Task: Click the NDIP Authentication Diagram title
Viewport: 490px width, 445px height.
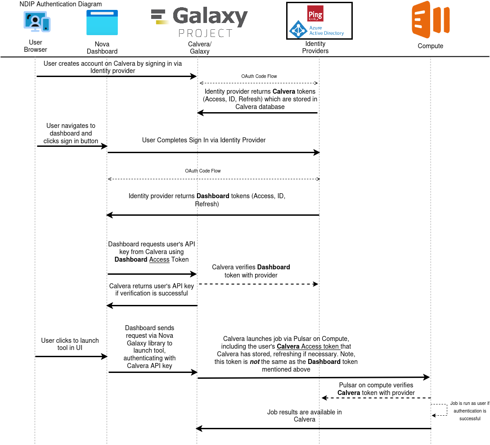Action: point(61,4)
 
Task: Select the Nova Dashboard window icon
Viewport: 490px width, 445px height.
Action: point(102,23)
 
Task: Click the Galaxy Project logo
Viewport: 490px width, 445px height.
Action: point(199,22)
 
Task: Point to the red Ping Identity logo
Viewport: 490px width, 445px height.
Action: point(315,14)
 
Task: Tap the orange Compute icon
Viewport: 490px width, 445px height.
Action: point(430,20)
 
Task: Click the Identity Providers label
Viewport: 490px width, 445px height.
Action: point(315,47)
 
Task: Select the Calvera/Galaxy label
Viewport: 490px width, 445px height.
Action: point(200,48)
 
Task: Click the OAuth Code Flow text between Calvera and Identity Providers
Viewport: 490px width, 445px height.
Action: point(259,77)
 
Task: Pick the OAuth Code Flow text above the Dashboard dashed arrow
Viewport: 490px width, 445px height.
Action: point(203,171)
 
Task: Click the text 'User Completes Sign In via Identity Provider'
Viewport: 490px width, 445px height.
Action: point(204,140)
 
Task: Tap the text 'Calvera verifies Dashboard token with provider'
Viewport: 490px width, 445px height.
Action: point(251,271)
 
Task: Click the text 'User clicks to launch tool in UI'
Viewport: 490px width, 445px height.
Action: point(70,344)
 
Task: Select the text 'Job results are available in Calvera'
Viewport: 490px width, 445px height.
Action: point(305,415)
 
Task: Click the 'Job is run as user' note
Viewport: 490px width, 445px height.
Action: point(470,411)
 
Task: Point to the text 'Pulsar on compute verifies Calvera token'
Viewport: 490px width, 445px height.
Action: point(376,389)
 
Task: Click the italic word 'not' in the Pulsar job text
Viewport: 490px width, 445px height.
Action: point(255,362)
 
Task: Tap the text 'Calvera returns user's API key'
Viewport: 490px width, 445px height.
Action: point(152,289)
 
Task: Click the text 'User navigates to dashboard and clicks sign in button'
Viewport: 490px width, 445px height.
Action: point(71,133)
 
